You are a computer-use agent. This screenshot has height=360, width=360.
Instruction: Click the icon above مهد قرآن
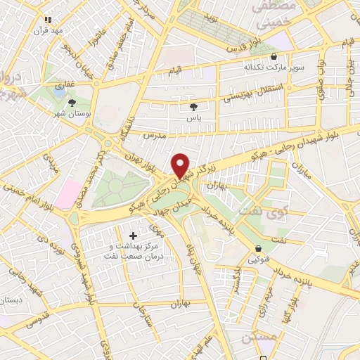(48, 21)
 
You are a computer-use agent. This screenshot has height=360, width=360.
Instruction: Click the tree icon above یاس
(193, 107)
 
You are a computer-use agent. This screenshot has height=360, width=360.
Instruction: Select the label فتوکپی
(259, 260)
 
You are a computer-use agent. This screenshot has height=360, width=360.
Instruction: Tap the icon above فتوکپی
(259, 249)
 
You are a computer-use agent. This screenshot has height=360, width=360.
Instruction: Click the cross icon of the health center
(134, 235)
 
